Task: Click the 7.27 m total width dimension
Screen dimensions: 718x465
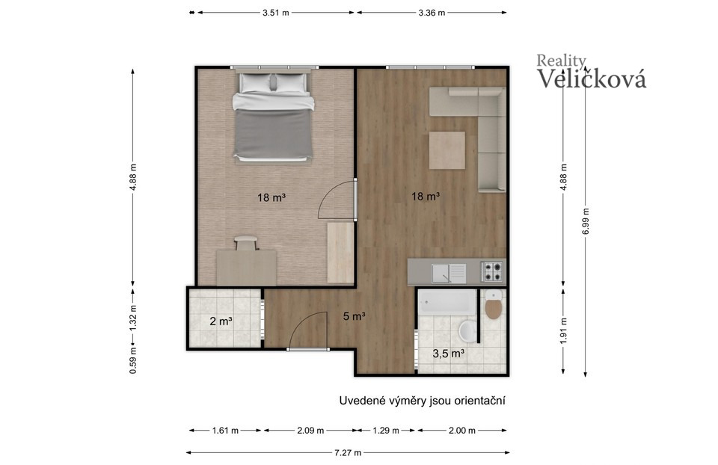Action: pyautogui.click(x=348, y=452)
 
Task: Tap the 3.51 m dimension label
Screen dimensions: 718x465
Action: pyautogui.click(x=276, y=13)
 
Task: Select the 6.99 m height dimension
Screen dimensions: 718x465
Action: pyautogui.click(x=586, y=221)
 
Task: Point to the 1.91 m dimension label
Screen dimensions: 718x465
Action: pyautogui.click(x=564, y=330)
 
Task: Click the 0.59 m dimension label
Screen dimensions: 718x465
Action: pyautogui.click(x=133, y=360)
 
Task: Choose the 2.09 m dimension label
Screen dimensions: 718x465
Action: pyautogui.click(x=310, y=430)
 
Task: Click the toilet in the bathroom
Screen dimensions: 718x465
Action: pyautogui.click(x=494, y=304)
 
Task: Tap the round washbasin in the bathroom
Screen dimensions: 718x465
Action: pyautogui.click(x=467, y=330)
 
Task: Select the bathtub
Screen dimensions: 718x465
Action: pyautogui.click(x=447, y=302)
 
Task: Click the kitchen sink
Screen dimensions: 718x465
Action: pyautogui.click(x=448, y=273)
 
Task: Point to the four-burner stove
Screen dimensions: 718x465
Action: pyautogui.click(x=492, y=271)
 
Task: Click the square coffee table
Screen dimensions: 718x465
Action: pyautogui.click(x=447, y=150)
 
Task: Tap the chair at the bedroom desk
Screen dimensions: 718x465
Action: pyautogui.click(x=246, y=242)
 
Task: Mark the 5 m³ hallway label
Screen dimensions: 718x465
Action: pyautogui.click(x=354, y=315)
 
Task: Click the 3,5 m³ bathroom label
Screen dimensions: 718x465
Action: pyautogui.click(x=449, y=354)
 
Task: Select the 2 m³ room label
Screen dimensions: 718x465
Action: pyautogui.click(x=221, y=321)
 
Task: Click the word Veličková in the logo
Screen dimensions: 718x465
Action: pyautogui.click(x=592, y=78)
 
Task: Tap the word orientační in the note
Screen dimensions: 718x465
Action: pyautogui.click(x=479, y=401)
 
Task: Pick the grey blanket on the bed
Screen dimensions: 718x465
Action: pyautogui.click(x=274, y=134)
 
